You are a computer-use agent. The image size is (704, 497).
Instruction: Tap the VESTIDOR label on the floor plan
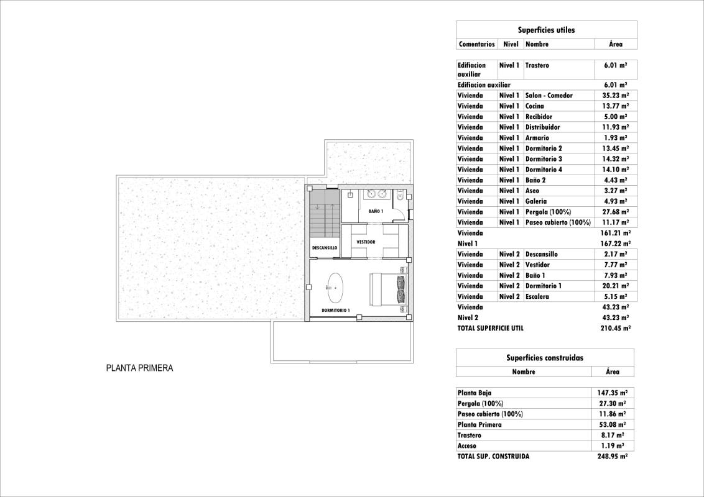366,242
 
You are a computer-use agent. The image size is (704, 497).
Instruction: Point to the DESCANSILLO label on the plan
325,248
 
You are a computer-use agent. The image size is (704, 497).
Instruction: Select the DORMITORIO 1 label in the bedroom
336,309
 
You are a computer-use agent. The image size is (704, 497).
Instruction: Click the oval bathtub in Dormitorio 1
335,288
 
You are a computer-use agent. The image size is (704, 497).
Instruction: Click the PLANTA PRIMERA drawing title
139,368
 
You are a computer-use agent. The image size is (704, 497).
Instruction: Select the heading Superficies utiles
546,30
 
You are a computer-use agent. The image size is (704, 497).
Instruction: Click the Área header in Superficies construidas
612,372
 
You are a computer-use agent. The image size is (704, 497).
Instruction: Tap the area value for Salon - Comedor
615,96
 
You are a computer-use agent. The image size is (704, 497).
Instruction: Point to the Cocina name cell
535,106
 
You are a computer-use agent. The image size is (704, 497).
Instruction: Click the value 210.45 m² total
615,328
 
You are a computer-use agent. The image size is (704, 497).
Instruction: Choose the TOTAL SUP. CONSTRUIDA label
493,456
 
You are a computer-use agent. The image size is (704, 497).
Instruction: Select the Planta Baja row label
475,393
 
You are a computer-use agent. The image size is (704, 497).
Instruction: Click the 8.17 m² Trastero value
613,435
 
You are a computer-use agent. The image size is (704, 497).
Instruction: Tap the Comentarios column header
476,44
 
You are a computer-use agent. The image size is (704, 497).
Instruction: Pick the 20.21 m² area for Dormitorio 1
615,286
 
